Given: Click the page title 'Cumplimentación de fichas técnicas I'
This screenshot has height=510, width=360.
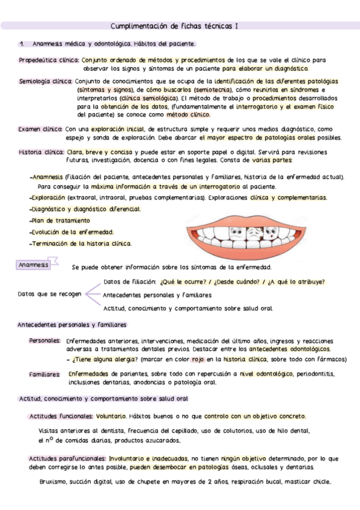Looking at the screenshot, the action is click(175, 26).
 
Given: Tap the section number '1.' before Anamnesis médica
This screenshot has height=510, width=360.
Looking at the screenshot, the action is click(22, 44).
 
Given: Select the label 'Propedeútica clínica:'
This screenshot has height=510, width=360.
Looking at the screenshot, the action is click(49, 60).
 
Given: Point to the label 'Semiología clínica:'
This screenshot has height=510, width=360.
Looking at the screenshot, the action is click(46, 81).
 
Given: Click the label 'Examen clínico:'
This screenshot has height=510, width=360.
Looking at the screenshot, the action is click(40, 129).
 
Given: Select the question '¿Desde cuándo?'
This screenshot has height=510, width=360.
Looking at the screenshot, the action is click(239, 281).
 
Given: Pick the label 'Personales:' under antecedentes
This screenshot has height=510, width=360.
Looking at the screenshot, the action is click(45, 340).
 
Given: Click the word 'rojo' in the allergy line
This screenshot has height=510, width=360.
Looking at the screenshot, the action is click(198, 359).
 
